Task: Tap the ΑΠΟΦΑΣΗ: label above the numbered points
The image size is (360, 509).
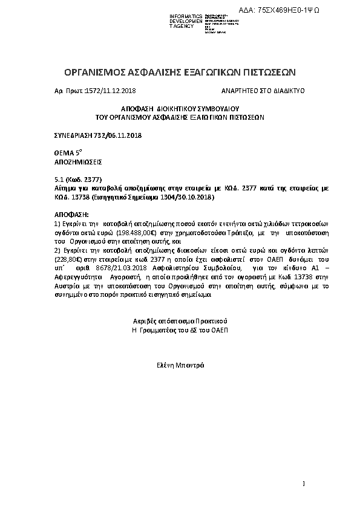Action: point(71,215)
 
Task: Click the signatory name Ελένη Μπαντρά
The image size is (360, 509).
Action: point(180,365)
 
